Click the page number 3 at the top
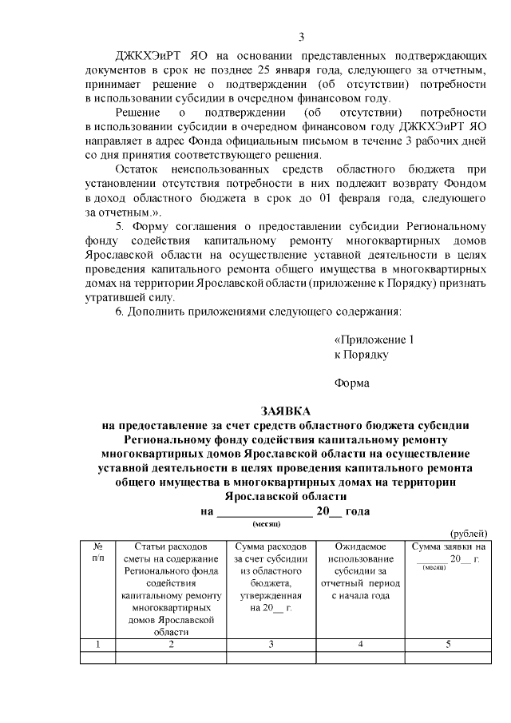click(x=301, y=37)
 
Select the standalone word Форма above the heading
click(x=351, y=383)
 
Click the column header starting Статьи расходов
click(x=171, y=588)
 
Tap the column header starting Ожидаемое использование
click(x=361, y=570)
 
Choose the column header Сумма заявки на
click(x=448, y=546)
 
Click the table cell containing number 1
click(x=97, y=644)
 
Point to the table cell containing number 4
click(x=361, y=644)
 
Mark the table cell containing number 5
click(x=448, y=644)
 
